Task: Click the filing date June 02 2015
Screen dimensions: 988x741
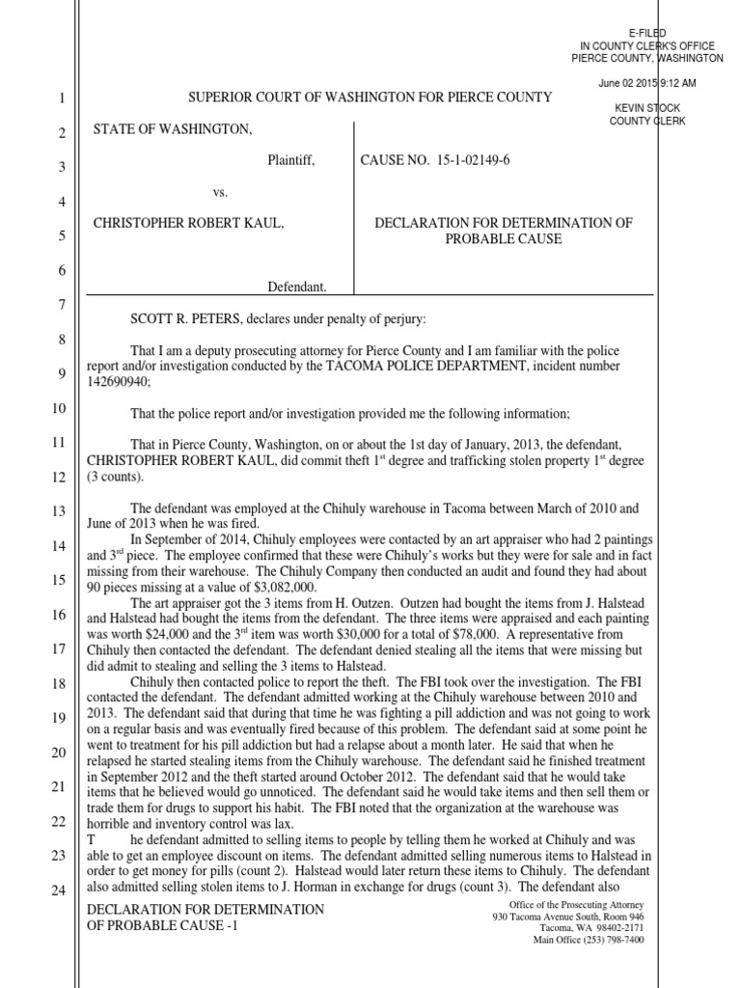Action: (628, 84)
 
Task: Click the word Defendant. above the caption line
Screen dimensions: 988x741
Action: (296, 287)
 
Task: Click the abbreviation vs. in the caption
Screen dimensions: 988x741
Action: (220, 192)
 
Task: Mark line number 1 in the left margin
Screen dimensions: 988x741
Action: (58, 98)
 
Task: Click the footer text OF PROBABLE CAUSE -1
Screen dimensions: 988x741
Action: (161, 926)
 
